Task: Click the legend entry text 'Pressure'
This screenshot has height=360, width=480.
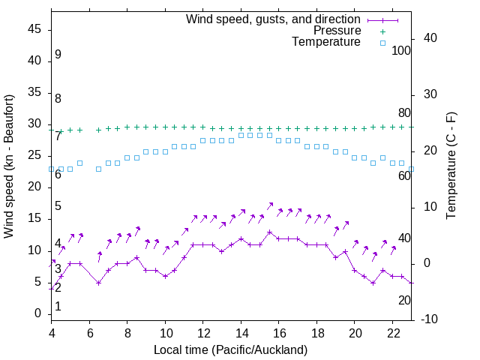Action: pos(337,31)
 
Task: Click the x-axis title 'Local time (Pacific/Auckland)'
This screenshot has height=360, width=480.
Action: pos(230,350)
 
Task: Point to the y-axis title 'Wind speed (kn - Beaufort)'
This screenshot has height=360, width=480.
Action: pos(9,166)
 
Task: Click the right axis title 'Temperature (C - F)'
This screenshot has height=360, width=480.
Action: pos(451,166)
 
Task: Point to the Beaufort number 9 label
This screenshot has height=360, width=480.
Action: pos(58,55)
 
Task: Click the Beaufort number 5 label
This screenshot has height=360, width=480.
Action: pos(58,206)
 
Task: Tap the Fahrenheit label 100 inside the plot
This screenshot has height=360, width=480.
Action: pos(402,50)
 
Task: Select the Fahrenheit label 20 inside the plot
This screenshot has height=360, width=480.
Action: pos(404,300)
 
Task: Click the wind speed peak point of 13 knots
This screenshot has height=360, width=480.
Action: pos(270,232)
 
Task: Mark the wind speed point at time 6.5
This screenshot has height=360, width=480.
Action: pos(99,283)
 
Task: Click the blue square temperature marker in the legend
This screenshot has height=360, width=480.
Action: pos(382,43)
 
